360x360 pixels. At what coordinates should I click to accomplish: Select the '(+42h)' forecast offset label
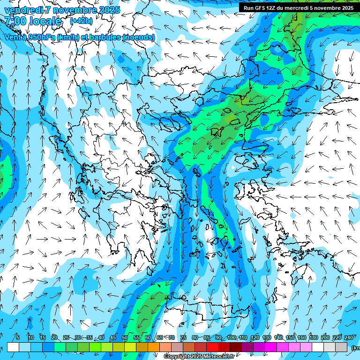(81, 21)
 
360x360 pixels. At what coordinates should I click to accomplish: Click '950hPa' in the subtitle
(41, 37)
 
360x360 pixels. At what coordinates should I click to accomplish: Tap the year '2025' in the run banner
(344, 8)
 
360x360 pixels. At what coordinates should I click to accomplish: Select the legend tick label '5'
(18, 337)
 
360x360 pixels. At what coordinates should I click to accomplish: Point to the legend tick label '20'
(54, 337)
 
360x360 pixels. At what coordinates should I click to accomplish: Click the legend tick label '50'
(125, 337)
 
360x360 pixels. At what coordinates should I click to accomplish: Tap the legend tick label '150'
(290, 337)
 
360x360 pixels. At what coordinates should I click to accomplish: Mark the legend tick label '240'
(349, 337)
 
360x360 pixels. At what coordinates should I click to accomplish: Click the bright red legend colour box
(212, 347)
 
